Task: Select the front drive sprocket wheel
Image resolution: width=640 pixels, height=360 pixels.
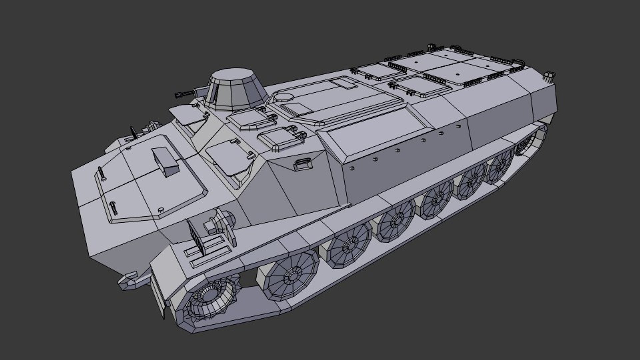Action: tap(210, 297)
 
